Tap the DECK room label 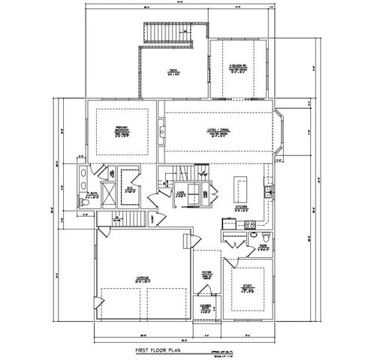pyautogui.click(x=173, y=72)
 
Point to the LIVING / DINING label pyautogui.click(x=221, y=133)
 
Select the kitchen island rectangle pyautogui.click(x=242, y=185)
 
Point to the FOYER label pyautogui.click(x=207, y=275)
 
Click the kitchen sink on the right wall pyautogui.click(x=268, y=193)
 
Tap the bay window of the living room pyautogui.click(x=281, y=133)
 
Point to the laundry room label pyautogui.click(x=180, y=193)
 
